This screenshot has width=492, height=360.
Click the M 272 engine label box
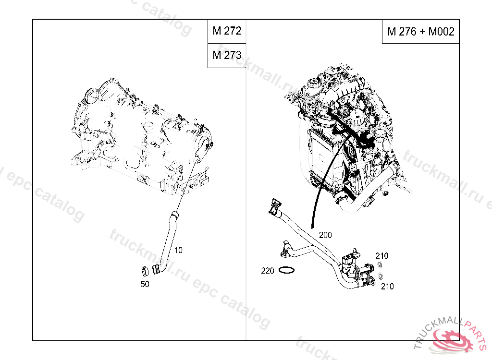coord(227,32)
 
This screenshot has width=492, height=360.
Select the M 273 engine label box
coord(227,55)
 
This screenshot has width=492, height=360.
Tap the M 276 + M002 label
coord(420,32)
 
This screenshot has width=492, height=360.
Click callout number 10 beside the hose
coord(178,250)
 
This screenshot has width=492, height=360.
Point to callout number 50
coord(145,284)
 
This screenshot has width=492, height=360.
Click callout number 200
coord(325,235)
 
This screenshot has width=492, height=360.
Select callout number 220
coord(268,271)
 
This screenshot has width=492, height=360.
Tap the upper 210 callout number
coord(382,256)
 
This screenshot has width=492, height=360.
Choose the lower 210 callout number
coord(387,287)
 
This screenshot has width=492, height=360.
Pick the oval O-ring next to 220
coord(286,271)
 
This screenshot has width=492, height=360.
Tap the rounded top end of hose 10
coord(174,214)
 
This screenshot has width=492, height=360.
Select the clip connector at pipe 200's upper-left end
coord(274,205)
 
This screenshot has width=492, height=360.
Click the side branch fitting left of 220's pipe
coord(285,248)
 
